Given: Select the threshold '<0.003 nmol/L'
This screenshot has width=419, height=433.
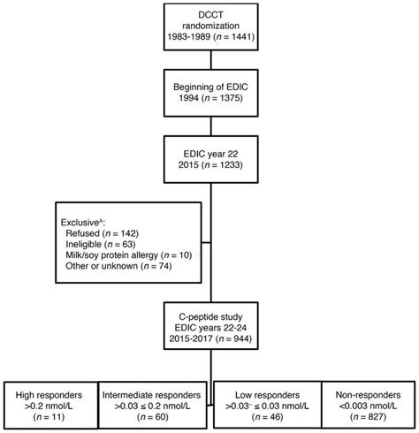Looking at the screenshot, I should click(366, 403).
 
